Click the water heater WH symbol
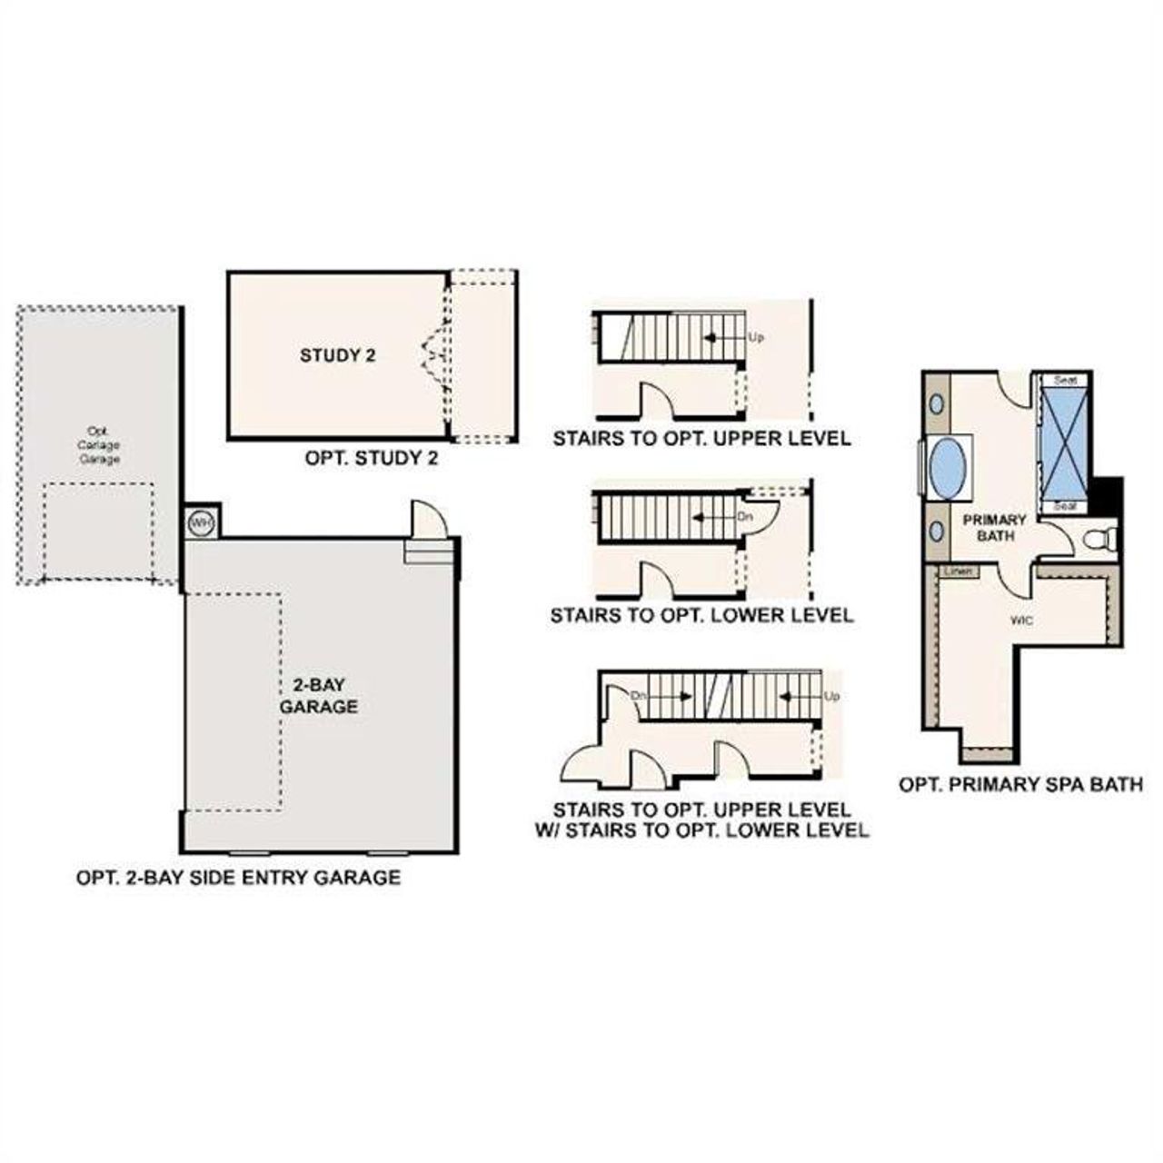click(x=199, y=522)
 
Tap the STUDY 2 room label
click(x=338, y=355)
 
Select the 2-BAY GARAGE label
click(x=318, y=695)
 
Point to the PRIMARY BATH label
click(x=995, y=528)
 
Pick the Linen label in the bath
click(x=959, y=572)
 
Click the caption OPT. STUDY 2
click(x=372, y=459)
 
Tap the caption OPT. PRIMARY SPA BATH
click(x=1020, y=784)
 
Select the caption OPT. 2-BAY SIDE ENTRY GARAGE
click(x=238, y=878)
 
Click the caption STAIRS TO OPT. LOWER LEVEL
click(x=701, y=616)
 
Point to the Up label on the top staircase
click(x=755, y=337)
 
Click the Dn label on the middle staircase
click(x=746, y=516)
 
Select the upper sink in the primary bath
click(x=935, y=403)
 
